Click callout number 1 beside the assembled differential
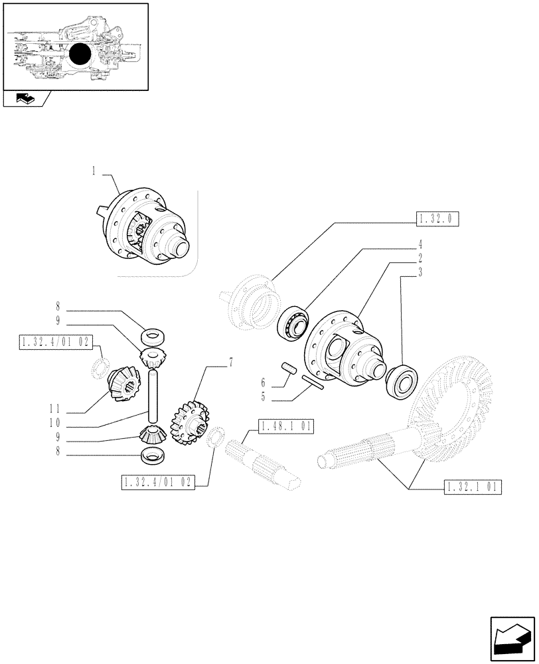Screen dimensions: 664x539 click(94, 171)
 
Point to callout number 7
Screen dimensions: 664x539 click(230, 362)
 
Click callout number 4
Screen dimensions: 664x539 click(420, 243)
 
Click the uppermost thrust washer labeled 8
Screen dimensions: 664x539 click(151, 333)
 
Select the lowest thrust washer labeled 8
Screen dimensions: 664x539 click(153, 456)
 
